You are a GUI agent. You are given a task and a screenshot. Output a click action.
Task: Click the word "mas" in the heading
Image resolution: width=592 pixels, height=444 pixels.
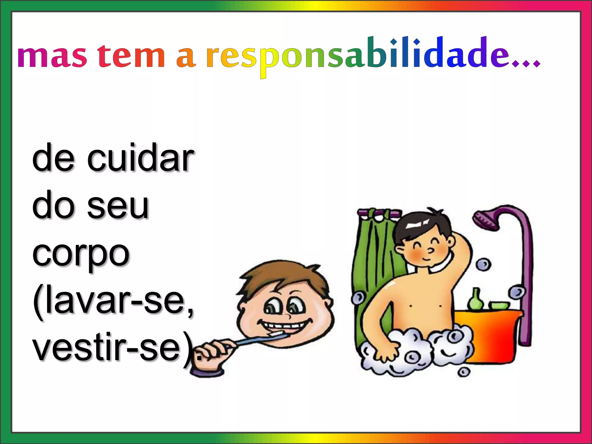[52, 56]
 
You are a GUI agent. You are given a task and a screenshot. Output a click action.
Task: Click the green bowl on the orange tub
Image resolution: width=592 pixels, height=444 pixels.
[499, 305]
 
